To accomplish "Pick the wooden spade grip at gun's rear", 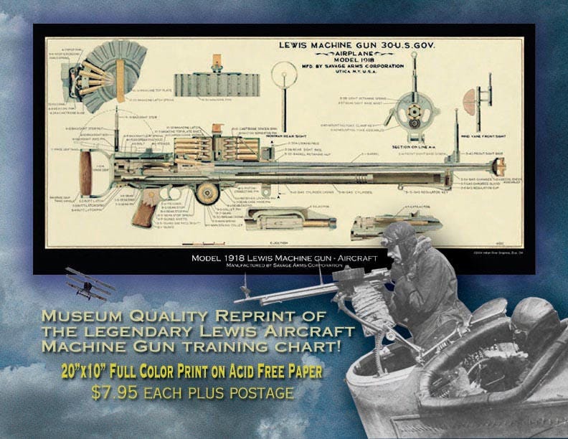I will click(86, 174).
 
